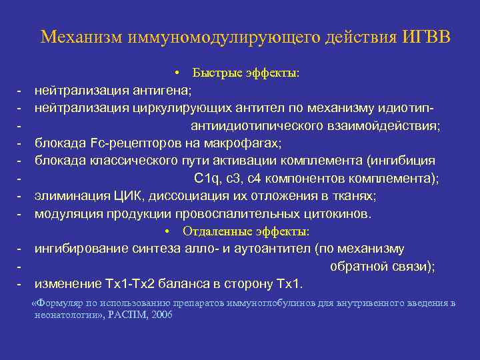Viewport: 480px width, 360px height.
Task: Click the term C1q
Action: tap(205, 178)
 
